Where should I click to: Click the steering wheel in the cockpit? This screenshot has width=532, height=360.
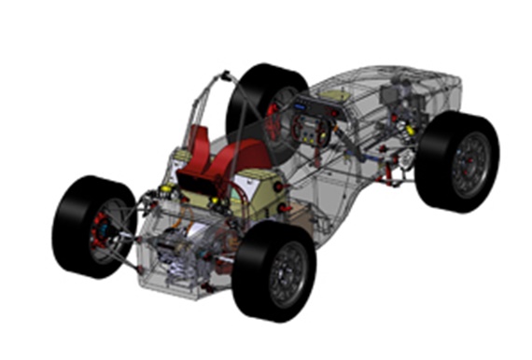(309, 127)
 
